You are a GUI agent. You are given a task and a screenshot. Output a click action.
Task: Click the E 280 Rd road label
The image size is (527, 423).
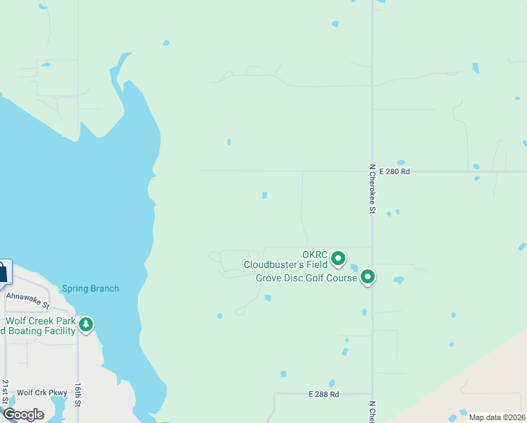point(394,171)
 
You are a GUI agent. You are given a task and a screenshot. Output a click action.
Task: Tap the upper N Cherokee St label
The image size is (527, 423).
point(371,188)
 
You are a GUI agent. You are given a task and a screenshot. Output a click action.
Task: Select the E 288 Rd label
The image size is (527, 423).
point(324,394)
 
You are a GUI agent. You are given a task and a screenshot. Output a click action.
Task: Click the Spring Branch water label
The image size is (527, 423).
point(90,288)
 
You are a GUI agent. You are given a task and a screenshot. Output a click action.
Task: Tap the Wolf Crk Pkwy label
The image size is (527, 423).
point(42,393)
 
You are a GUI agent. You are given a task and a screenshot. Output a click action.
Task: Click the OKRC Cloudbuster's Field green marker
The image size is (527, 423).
point(337,258)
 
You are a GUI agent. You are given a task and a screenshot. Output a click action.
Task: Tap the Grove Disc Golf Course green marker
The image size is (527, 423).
point(368,278)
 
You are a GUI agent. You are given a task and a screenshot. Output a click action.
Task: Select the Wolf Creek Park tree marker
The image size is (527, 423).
point(86,324)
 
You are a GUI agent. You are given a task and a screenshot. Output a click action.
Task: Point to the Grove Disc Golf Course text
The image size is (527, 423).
point(306,278)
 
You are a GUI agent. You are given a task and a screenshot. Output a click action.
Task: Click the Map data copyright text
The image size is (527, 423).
point(496,417)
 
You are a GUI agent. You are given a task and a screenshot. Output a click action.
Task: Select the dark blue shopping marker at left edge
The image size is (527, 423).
point(2,271)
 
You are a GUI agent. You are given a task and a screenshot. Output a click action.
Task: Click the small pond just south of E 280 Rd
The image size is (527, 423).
point(264,195)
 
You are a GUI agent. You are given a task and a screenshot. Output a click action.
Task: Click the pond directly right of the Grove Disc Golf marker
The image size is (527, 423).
point(399,280)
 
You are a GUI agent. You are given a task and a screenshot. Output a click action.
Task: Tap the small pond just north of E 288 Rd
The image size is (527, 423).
point(283,374)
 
